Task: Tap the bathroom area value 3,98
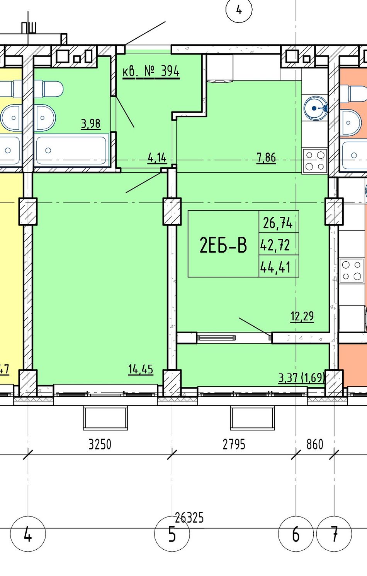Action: tap(91, 124)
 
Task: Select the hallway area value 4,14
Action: tap(157, 158)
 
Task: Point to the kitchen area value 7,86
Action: tap(267, 158)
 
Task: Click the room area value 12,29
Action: tap(302, 316)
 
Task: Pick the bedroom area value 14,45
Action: tap(141, 370)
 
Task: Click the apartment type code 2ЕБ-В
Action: tap(223, 245)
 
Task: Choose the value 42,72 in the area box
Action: tap(275, 245)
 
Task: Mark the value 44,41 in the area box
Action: tap(275, 267)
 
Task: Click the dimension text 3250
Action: tap(100, 444)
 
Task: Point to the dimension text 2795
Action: tap(234, 444)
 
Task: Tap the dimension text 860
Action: tap(314, 444)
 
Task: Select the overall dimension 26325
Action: tap(189, 518)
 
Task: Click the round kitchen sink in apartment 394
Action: tap(315, 108)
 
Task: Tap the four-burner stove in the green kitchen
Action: tap(315, 161)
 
